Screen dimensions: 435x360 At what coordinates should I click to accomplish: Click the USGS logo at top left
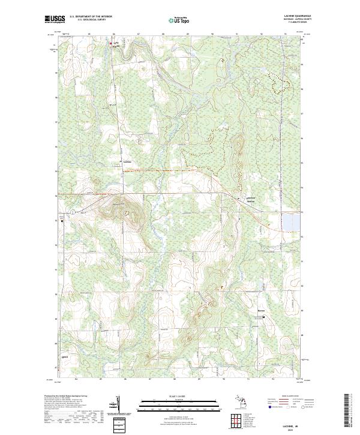click(x=55, y=20)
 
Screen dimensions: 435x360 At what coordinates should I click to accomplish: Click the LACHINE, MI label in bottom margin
click(x=292, y=425)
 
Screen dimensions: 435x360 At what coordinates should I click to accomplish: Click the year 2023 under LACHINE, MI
click(x=292, y=430)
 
